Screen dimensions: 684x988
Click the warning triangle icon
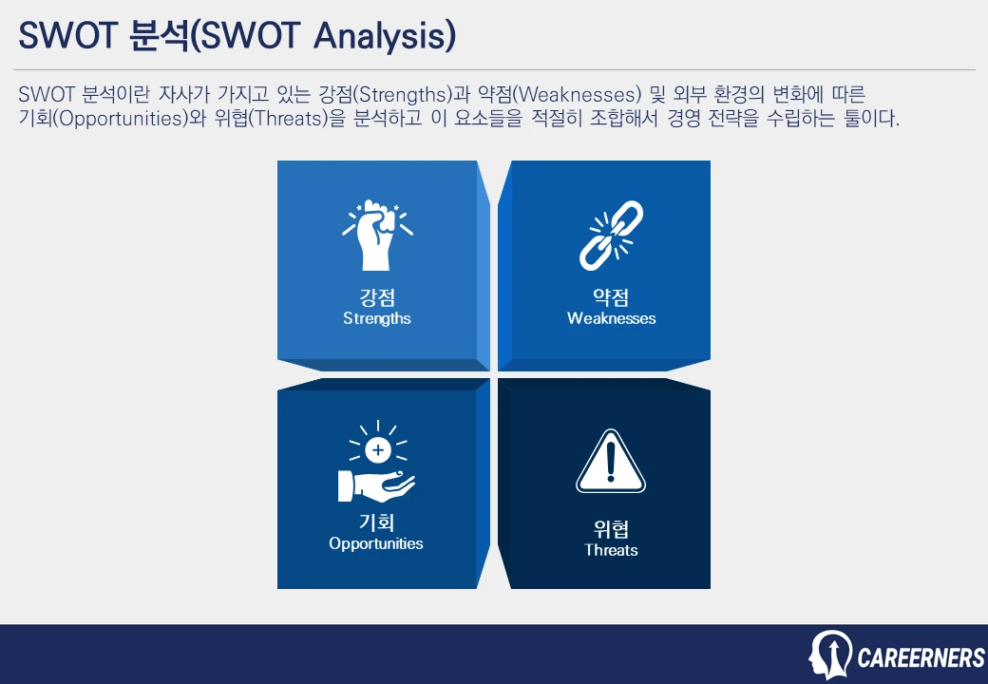[x=611, y=463]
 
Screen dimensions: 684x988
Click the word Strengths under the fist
[x=377, y=318]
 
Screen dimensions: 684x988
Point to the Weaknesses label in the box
[x=611, y=318]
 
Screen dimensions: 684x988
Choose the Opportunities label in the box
[x=376, y=543]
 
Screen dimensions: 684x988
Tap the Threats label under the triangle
[x=611, y=550]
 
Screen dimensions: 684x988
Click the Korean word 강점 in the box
[x=377, y=297]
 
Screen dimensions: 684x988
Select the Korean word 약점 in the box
[x=611, y=297]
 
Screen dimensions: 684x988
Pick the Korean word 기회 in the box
[x=376, y=522]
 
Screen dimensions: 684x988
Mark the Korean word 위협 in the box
[x=611, y=528]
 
